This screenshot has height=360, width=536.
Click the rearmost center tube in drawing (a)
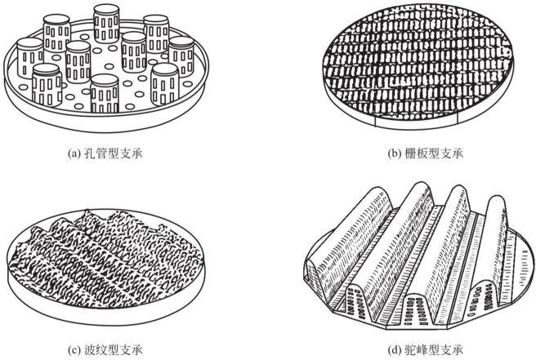pyautogui.click(x=106, y=23)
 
